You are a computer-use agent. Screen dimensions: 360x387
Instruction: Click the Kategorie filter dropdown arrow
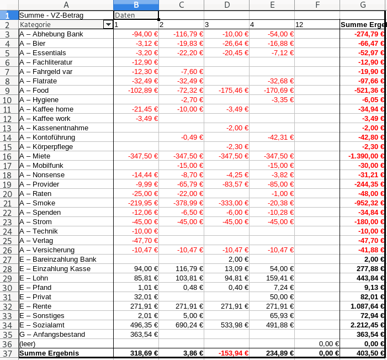108,25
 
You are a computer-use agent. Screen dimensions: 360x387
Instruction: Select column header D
226,5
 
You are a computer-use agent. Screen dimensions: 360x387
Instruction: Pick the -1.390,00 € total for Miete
362,156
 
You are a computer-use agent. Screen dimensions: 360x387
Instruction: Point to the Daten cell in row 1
136,15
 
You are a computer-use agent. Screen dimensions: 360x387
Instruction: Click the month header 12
316,25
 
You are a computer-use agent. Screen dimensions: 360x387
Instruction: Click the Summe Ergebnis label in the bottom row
49,353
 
